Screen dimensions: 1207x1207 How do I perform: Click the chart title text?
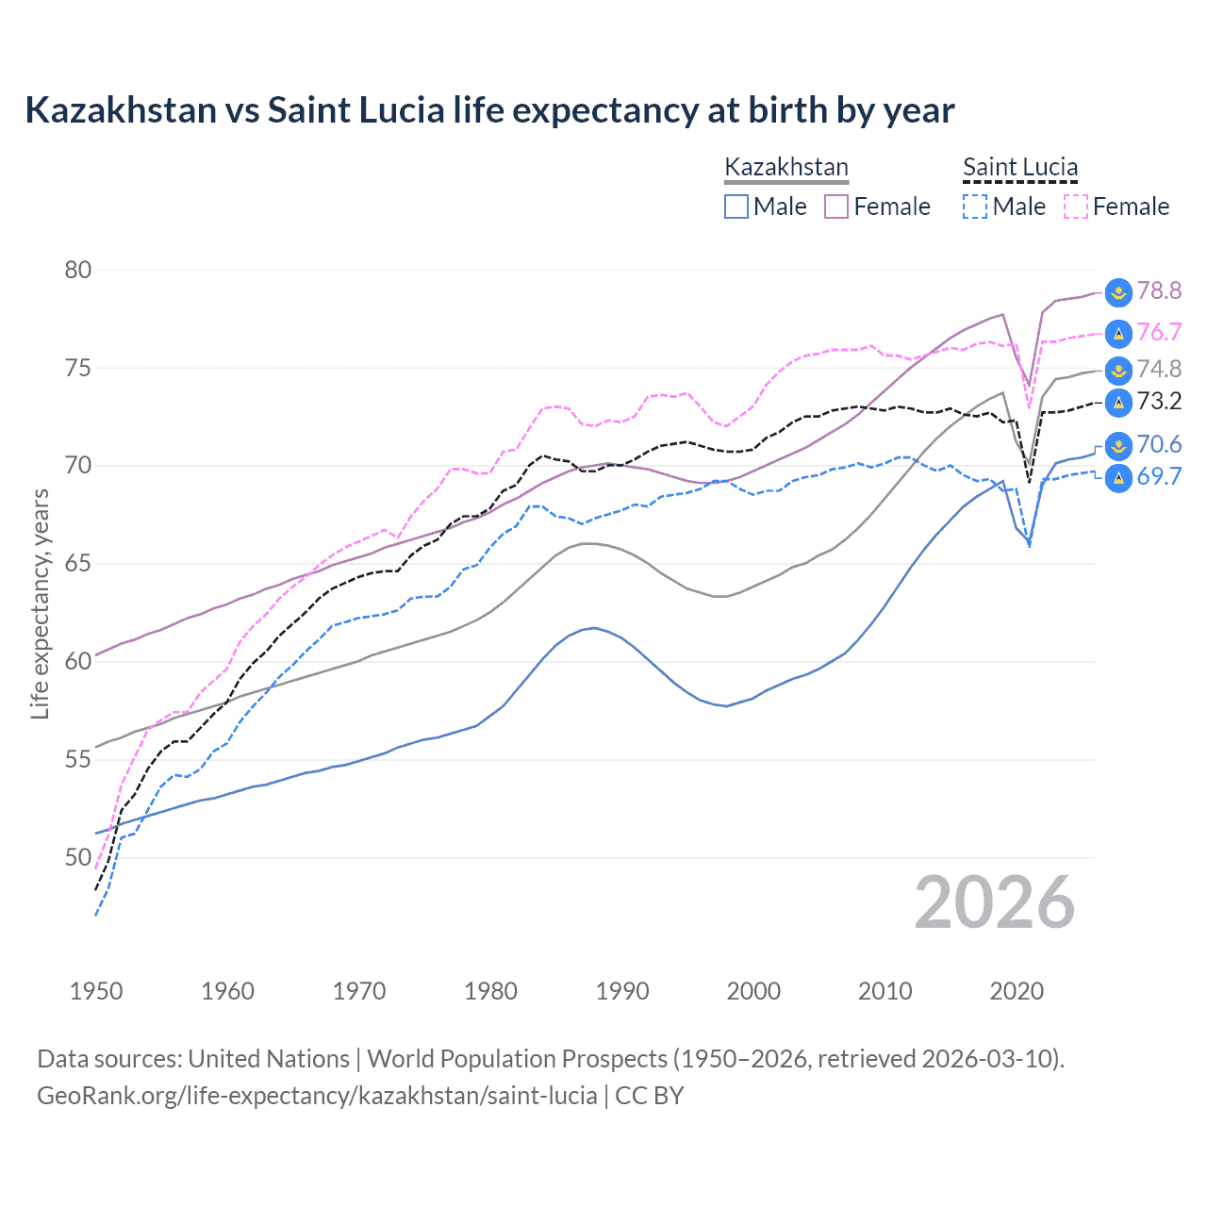(x=489, y=110)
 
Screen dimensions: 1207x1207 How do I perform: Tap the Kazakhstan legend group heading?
(x=786, y=168)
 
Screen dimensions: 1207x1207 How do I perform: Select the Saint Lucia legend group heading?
(x=1019, y=168)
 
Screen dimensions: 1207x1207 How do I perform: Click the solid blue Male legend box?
(x=736, y=207)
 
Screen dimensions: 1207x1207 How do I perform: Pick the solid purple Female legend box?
(x=836, y=207)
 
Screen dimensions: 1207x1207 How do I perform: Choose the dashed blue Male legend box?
(x=975, y=207)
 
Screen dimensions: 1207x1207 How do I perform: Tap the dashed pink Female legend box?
(x=1076, y=207)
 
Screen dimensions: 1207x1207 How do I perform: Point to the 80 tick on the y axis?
(x=78, y=270)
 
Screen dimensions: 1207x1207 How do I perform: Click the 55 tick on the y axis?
(x=78, y=759)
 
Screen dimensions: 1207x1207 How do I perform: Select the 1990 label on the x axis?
(x=622, y=991)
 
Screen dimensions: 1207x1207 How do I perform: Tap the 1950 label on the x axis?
(x=96, y=991)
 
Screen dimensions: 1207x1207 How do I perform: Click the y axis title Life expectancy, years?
(x=40, y=603)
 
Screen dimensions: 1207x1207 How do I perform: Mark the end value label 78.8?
(x=1159, y=290)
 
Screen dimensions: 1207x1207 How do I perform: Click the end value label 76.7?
(x=1159, y=332)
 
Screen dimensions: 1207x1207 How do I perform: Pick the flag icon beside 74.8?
(x=1118, y=370)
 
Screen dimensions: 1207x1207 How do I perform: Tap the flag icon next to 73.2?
(x=1118, y=403)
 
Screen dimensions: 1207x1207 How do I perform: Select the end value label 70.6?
(x=1159, y=444)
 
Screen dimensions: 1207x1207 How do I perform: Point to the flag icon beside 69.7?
(x=1118, y=478)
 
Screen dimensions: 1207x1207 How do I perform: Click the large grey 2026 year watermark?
(x=994, y=902)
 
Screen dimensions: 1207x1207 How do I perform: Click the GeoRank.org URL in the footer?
(x=317, y=1096)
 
